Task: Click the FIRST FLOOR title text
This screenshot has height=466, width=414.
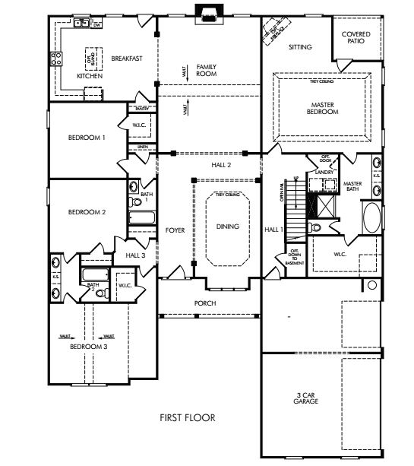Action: [188, 417]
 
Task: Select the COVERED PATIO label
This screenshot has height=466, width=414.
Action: [356, 37]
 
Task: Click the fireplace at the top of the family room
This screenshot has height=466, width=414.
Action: [207, 10]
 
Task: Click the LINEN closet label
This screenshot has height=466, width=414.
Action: [142, 146]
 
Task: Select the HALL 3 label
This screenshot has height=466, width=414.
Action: [135, 255]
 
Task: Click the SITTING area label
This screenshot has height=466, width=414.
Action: [300, 47]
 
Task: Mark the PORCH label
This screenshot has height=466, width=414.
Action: [205, 303]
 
